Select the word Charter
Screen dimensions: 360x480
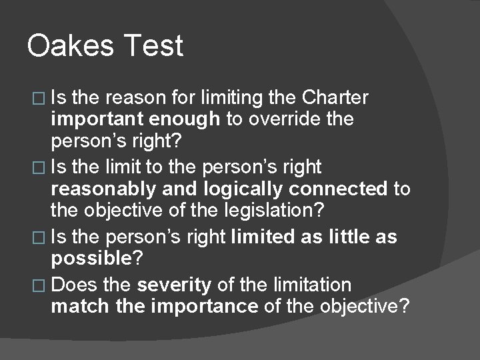335,98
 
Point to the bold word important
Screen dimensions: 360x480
99,119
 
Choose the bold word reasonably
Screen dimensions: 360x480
105,189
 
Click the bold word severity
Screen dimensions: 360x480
174,285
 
